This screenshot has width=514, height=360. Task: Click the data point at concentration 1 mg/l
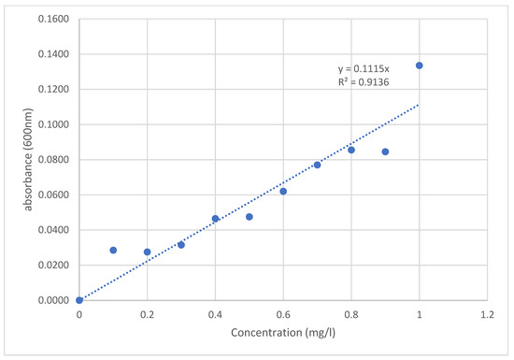(420, 65)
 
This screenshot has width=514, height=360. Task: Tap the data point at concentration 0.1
(113, 251)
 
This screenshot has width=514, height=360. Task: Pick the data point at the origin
(79, 300)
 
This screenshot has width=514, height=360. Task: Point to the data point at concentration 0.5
(250, 217)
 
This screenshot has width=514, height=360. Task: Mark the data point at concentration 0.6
(283, 192)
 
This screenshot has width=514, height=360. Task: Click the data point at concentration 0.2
(147, 252)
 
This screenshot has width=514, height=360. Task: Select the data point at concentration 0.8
(351, 150)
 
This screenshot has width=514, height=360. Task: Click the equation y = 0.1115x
(364, 69)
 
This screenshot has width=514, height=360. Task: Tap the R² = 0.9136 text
(364, 82)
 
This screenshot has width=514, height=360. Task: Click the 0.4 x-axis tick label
(215, 315)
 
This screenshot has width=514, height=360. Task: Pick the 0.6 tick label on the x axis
(283, 315)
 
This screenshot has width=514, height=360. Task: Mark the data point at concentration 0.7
(317, 165)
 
